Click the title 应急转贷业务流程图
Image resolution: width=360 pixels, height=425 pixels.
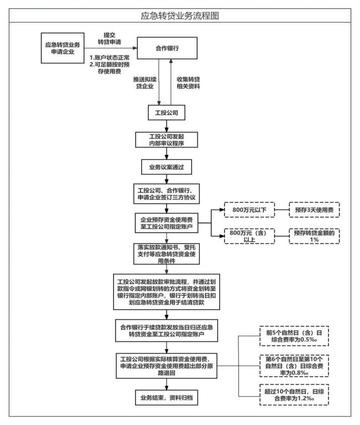(x=180, y=16)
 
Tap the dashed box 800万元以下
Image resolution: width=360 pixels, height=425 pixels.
(x=245, y=211)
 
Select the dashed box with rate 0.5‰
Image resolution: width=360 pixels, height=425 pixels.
(x=294, y=337)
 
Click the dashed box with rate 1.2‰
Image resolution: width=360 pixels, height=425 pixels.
(x=294, y=394)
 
